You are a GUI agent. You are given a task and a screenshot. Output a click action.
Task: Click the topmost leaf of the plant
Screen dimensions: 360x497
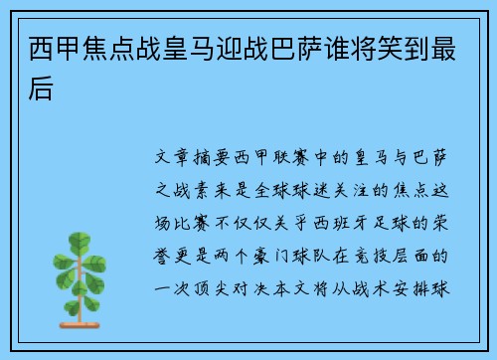point(79,240)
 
